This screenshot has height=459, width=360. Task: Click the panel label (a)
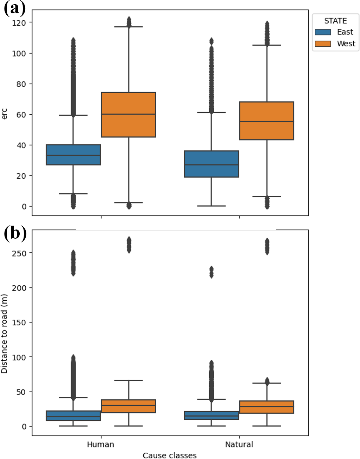tap(14, 8)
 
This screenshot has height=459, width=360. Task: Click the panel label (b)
tap(15, 234)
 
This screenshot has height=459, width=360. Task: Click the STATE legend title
tap(335, 21)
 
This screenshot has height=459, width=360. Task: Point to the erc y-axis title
tap(5, 114)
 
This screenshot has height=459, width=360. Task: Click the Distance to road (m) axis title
tap(5, 334)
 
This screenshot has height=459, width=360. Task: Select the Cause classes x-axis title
tap(169, 455)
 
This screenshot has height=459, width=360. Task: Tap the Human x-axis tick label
tap(100, 444)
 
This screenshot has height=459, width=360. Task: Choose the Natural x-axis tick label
tap(239, 444)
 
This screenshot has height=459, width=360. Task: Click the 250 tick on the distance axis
tap(19, 253)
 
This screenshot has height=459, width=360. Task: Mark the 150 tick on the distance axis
tap(19, 322)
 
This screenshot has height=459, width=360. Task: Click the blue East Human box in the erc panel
tap(73, 155)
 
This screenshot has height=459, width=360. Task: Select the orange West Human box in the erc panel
tap(128, 115)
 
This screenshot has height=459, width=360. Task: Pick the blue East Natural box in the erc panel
tap(211, 164)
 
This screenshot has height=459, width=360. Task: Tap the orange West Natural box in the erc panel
tap(266, 121)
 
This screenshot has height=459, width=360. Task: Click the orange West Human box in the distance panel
tap(128, 406)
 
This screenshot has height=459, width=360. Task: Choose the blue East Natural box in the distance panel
tap(211, 415)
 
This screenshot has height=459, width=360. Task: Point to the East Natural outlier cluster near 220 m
tap(211, 272)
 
